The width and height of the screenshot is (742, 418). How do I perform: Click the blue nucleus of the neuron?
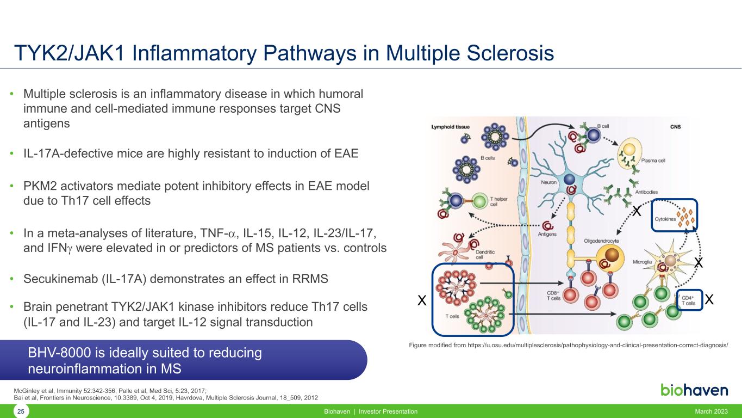coord(569,180)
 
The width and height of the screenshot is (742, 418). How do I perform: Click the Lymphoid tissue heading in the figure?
coord(450,127)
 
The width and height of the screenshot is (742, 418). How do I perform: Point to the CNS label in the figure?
coord(675,127)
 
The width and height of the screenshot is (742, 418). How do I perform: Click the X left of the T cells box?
coord(420,300)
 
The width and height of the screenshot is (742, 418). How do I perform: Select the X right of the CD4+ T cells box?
coord(709,299)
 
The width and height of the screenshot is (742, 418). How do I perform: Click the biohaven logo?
coord(694,390)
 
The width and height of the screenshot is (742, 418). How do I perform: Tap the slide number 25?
coord(21,412)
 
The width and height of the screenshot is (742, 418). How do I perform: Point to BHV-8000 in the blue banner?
coord(59,353)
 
